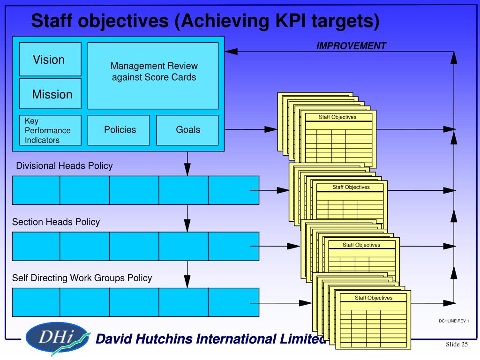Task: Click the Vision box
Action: pos(50,59)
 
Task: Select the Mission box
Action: pos(50,94)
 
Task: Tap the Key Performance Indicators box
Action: pos(50,130)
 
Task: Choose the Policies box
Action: pos(119,130)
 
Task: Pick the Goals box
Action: pos(187,130)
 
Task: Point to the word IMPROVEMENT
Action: pos(351,45)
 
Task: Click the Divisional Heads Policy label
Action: pos(64,165)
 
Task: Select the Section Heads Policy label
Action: pos(56,222)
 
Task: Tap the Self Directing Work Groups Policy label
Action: pos(82,278)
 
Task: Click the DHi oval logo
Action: pos(57,337)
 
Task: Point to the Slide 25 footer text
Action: pos(457,345)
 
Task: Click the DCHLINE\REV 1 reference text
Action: pos(453,321)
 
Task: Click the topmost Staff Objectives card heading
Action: pos(337,117)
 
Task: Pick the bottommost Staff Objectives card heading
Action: pos(374,298)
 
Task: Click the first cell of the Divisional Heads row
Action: pos(36,190)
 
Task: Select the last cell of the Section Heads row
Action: pos(233,247)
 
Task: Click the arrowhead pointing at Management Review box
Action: pos(232,52)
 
